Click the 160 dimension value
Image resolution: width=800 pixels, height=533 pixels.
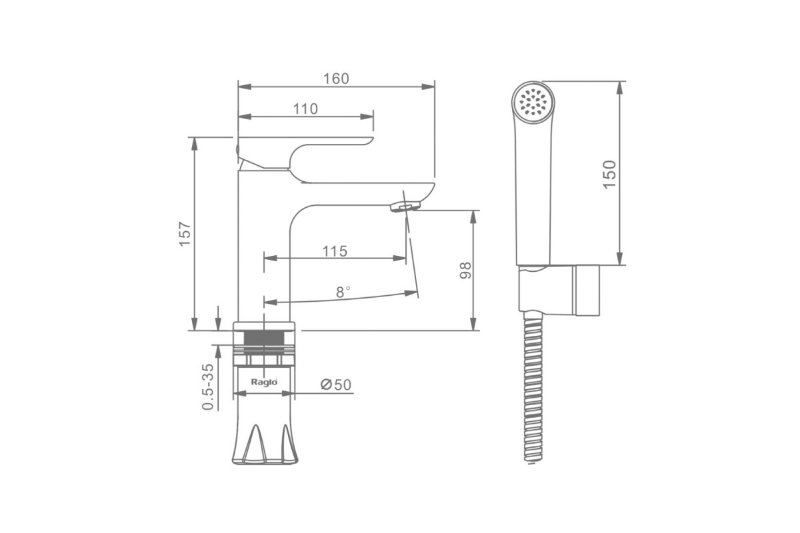(x=336, y=79)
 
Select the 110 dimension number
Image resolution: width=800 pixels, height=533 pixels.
(x=305, y=109)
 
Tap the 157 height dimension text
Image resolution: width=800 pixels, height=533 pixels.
(x=185, y=234)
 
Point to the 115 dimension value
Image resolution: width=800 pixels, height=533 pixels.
(x=335, y=251)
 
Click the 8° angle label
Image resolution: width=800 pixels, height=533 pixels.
(x=343, y=292)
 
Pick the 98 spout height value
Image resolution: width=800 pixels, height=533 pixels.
(x=465, y=270)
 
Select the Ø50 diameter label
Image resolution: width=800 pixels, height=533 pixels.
(x=336, y=384)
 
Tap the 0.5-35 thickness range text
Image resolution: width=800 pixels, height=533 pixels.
(x=208, y=387)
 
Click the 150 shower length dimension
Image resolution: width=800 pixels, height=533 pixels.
(x=609, y=175)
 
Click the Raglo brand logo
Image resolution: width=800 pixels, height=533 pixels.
(x=264, y=382)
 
